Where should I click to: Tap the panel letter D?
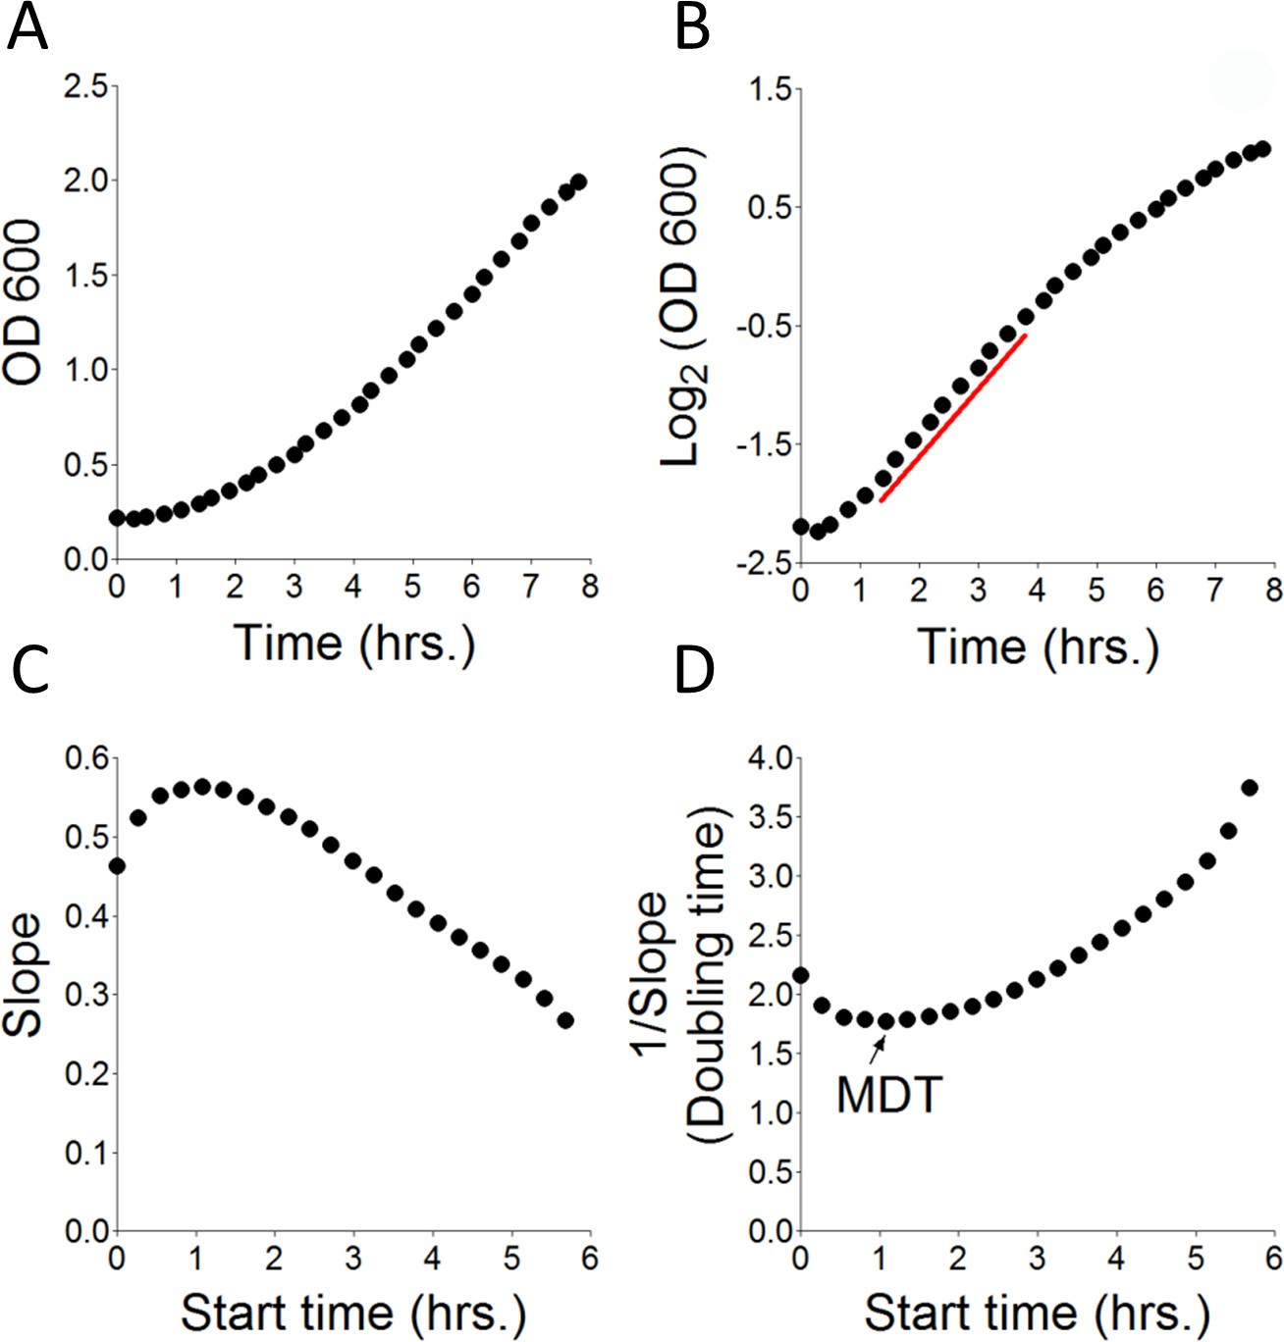[x=694, y=671]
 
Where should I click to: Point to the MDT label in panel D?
[x=889, y=1095]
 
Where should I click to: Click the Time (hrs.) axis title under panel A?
[x=353, y=644]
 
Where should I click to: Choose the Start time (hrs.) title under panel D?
[x=1037, y=1313]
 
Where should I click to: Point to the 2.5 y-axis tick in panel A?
[x=85, y=86]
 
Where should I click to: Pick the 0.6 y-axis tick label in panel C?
[x=85, y=758]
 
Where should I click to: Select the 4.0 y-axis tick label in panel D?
[x=770, y=758]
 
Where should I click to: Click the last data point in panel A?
[x=578, y=182]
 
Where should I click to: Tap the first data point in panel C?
[x=117, y=865]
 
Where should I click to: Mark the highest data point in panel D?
[x=1250, y=788]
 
